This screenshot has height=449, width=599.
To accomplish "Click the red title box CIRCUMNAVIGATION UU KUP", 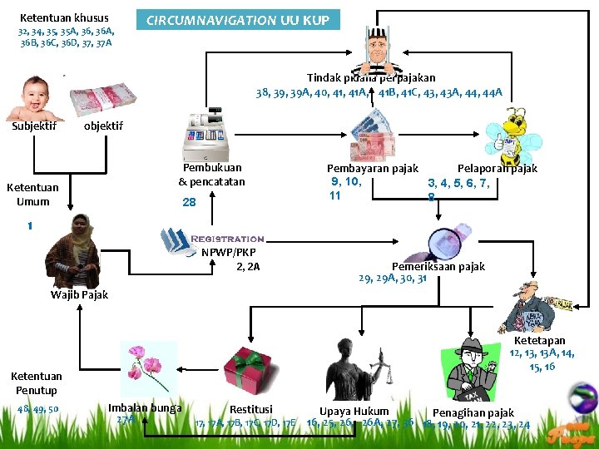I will pyautogui.click(x=238, y=20).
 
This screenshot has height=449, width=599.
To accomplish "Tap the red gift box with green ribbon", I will pyautogui.click(x=247, y=371).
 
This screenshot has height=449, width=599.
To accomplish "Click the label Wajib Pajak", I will pyautogui.click(x=79, y=294).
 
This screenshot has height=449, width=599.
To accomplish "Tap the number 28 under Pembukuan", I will pyautogui.click(x=189, y=202).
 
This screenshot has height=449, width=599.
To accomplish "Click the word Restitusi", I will pyautogui.click(x=250, y=409).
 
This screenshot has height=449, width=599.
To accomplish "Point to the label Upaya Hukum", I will pyautogui.click(x=354, y=411).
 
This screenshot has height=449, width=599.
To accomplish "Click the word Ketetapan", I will pyautogui.click(x=539, y=340).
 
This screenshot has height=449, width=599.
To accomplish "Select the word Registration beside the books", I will pyautogui.click(x=227, y=239).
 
